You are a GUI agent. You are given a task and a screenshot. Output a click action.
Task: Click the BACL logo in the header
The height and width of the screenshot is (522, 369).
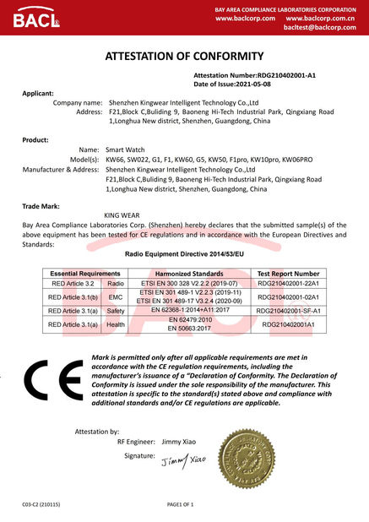[30, 19]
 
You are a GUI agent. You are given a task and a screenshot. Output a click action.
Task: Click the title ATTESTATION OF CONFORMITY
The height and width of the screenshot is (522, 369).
[184, 57]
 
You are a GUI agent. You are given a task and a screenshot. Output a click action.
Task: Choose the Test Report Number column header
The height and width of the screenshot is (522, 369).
[288, 274]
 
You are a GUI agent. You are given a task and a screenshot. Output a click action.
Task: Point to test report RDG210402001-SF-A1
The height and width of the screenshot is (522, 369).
[288, 311]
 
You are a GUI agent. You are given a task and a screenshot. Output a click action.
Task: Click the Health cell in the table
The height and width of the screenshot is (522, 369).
[116, 324]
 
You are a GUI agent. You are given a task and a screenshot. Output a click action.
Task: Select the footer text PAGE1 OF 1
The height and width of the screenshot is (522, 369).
[181, 504]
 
